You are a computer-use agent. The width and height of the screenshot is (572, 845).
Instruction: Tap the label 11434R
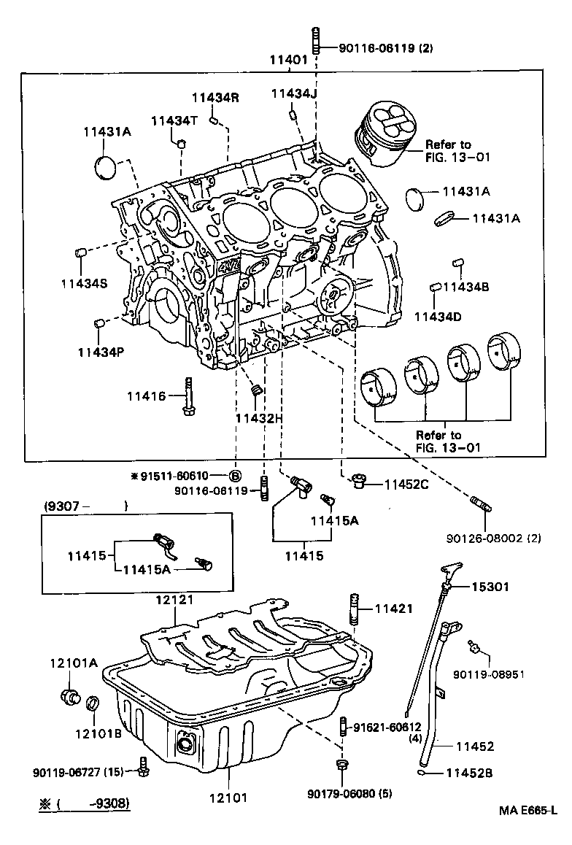click(x=215, y=98)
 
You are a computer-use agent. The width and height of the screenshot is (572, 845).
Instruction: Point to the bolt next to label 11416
click(x=188, y=396)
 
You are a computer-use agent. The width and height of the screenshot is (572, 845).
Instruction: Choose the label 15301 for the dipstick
click(x=490, y=587)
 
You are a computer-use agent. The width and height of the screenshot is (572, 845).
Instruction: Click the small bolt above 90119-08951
click(x=474, y=644)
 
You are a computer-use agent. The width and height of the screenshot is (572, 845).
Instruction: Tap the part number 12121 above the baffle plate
click(x=174, y=600)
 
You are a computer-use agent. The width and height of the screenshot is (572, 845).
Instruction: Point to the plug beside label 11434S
click(x=82, y=253)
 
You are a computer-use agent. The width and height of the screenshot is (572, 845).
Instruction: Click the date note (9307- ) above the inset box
click(x=85, y=505)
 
